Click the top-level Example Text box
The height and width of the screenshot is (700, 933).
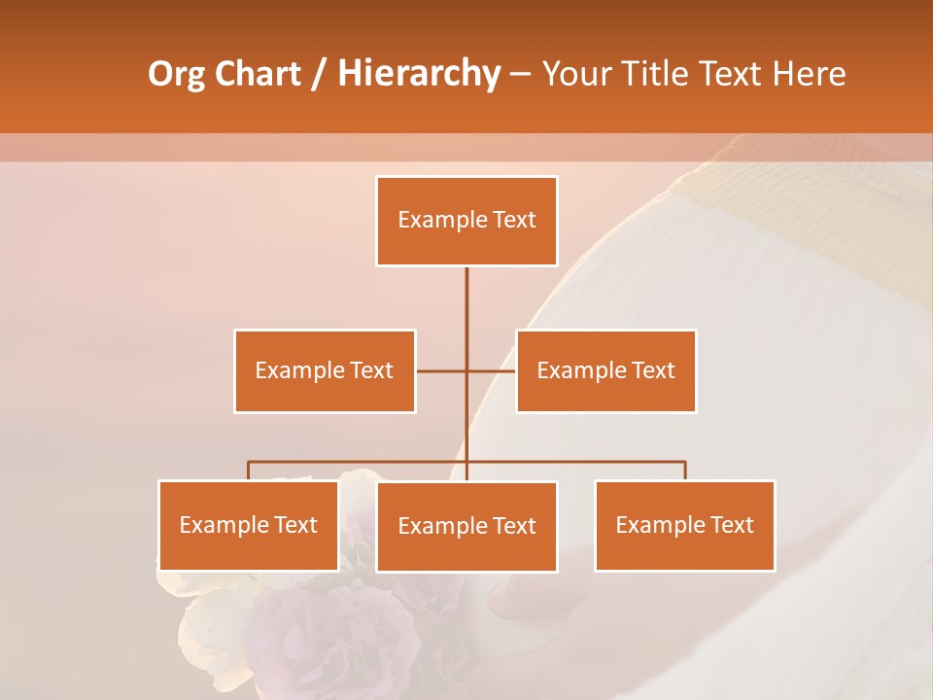click(466, 221)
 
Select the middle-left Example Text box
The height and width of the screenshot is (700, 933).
click(325, 370)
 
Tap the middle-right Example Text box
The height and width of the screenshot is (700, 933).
click(605, 370)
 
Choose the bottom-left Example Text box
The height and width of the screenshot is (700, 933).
click(249, 525)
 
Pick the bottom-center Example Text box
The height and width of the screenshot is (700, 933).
click(466, 526)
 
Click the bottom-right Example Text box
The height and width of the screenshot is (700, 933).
click(684, 525)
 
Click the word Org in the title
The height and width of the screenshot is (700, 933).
click(176, 74)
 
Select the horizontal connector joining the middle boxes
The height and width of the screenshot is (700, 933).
click(442, 370)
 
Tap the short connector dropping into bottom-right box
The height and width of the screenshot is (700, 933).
click(685, 471)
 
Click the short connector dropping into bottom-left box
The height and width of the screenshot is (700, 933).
click(249, 471)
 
